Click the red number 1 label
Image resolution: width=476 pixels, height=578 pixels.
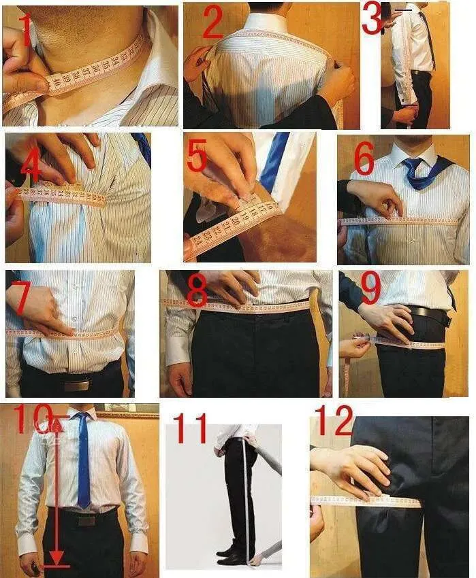point(25,31)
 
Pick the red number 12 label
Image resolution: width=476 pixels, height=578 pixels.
point(333,421)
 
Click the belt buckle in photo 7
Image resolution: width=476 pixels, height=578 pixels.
point(76,385)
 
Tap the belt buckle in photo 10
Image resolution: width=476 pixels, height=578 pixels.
point(86,520)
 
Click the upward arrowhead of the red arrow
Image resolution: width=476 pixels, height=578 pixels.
point(57,426)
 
